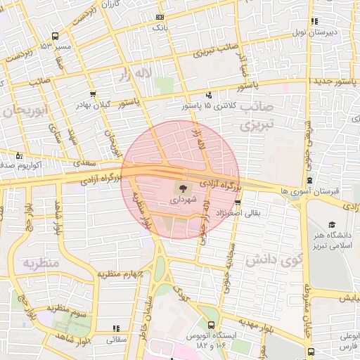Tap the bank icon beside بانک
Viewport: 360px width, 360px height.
pos(161,16)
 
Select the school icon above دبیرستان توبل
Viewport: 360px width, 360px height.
pos(314,21)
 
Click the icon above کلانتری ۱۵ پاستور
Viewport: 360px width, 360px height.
pos(208,95)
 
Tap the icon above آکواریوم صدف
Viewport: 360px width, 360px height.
pos(19,155)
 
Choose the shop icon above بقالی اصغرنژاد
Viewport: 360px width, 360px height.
pos(238,201)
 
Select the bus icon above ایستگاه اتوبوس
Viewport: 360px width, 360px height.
pos(211,325)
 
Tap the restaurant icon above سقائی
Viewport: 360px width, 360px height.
pos(115,328)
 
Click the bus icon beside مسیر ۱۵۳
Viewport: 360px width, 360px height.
pos(56,35)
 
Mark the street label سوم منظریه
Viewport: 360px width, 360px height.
pos(67,308)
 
